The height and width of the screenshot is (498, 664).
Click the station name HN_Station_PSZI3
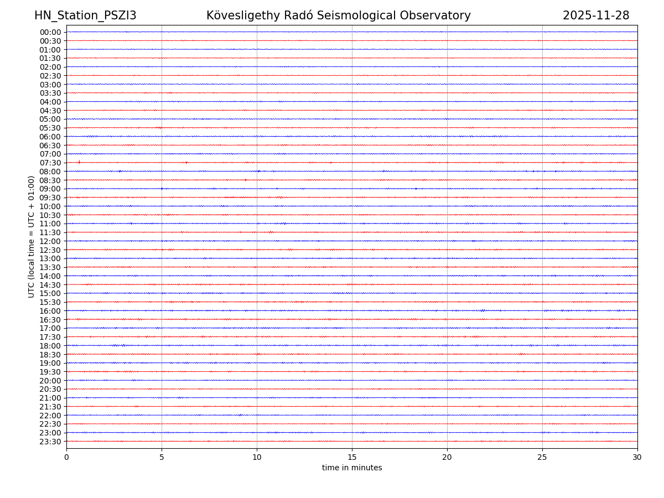tap(85, 15)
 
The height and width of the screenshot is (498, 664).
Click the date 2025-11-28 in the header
tap(596, 15)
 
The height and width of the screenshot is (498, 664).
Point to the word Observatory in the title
tap(441, 15)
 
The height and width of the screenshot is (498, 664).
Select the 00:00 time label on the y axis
tap(50, 32)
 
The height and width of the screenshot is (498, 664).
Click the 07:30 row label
tap(50, 163)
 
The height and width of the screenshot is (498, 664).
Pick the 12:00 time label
tap(50, 241)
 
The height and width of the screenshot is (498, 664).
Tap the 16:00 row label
tap(50, 311)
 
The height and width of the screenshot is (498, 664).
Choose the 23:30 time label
tap(50, 442)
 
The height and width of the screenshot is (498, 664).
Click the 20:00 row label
tap(50, 381)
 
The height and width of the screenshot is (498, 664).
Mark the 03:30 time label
tap(50, 93)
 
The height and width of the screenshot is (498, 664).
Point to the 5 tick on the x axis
tap(162, 457)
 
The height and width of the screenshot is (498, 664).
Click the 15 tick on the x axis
tap(352, 457)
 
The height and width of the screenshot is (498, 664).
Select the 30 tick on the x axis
tap(637, 457)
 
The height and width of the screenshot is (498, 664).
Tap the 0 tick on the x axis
tap(66, 457)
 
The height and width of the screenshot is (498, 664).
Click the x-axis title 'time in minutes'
tap(352, 468)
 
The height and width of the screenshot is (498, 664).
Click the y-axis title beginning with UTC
tap(32, 236)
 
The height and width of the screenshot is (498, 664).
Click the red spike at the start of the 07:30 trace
tap(79, 162)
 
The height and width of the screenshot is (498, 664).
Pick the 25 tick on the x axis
tap(542, 457)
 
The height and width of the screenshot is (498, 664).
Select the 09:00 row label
tap(50, 189)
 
